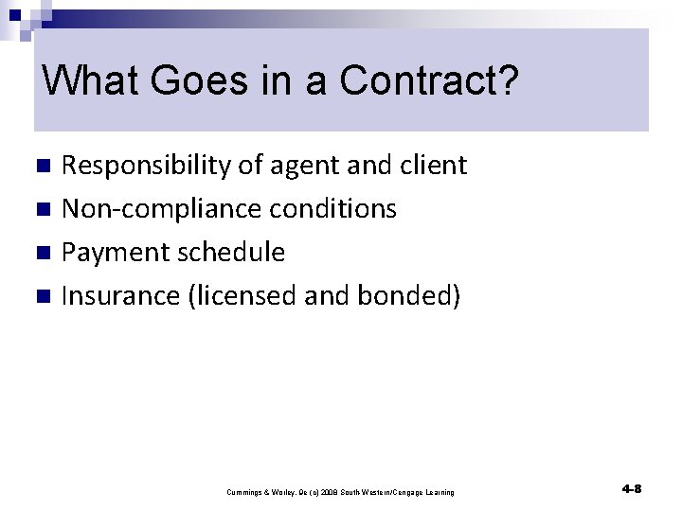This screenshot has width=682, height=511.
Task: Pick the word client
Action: click(x=434, y=166)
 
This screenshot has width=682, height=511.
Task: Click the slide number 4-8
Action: click(x=632, y=489)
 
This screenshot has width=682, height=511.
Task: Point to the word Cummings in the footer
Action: click(x=246, y=492)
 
